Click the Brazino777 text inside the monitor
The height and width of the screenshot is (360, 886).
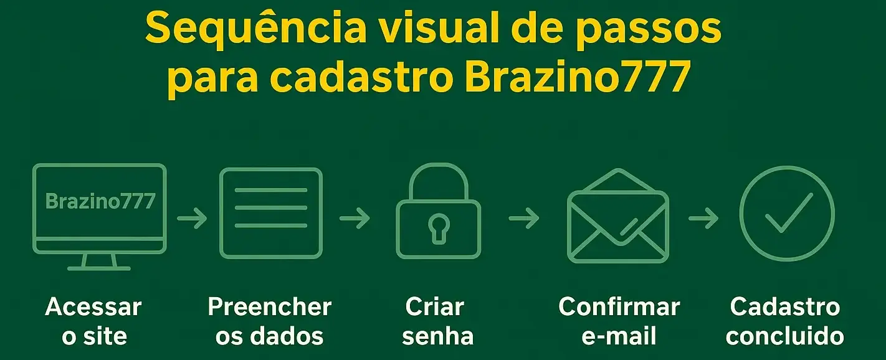tap(100, 201)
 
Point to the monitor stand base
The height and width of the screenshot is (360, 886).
tap(99, 268)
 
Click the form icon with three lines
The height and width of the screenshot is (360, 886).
tap(271, 212)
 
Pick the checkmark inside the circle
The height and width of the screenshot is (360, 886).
tap(788, 213)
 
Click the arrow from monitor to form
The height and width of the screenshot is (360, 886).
tap(192, 219)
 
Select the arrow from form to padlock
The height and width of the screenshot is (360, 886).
tap(355, 219)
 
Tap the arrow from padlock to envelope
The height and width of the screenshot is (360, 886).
tap(524, 219)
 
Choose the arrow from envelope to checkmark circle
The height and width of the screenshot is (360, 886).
tap(703, 219)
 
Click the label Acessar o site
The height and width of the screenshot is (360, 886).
tap(94, 321)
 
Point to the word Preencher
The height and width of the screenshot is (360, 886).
tap(269, 307)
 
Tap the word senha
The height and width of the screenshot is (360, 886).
tap(438, 336)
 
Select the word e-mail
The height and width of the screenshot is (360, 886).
tap(619, 336)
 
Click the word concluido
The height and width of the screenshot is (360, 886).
tap(785, 336)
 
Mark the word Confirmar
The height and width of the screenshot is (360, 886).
tap(619, 307)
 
